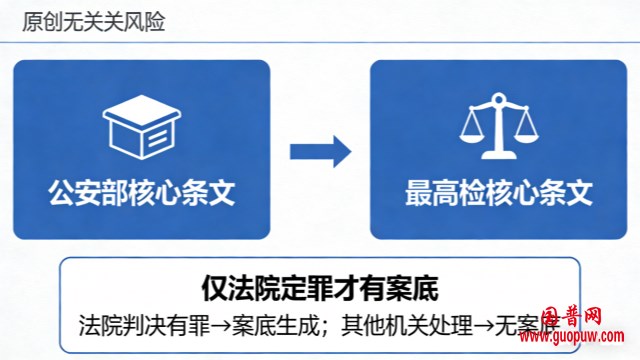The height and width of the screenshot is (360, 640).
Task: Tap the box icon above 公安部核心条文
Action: [140, 130]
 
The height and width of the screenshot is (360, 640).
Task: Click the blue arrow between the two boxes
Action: [320, 152]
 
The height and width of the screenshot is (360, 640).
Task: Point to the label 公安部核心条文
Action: [141, 192]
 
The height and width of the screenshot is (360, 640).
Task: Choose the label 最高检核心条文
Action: [499, 192]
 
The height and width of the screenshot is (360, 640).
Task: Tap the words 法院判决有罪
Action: [139, 326]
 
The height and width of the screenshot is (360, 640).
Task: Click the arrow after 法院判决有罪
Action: [209, 326]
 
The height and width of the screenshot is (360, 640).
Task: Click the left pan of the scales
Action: [472, 137]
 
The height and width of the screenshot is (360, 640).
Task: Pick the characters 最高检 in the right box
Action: [441, 192]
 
